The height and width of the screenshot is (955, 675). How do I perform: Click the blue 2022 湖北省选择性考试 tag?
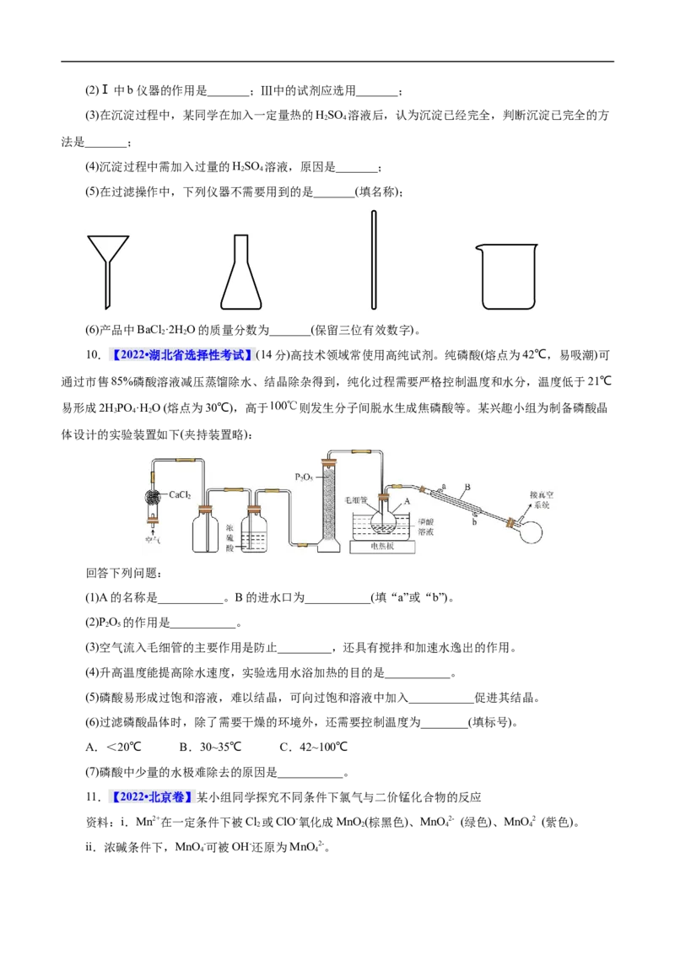(182, 355)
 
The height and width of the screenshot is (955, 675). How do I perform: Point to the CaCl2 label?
(181, 495)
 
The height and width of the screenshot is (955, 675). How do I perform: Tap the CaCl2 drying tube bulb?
(154, 496)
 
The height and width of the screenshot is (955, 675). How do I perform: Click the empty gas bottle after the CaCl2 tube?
(206, 531)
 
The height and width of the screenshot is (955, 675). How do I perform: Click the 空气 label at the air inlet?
(154, 540)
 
